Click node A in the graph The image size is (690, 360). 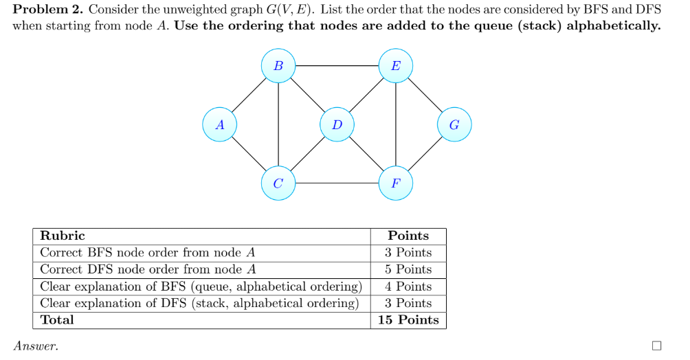[220, 125]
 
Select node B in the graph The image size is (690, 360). [278, 67]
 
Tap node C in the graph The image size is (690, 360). [278, 183]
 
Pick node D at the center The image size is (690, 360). [337, 125]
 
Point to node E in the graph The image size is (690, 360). [396, 67]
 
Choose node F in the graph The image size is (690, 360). [396, 183]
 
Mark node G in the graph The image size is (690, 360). [454, 125]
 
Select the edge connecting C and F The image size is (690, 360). [337, 183]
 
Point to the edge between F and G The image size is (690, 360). [425, 155]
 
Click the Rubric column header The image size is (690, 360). [63, 236]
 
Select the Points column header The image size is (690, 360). [408, 236]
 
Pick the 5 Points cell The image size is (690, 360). [408, 269]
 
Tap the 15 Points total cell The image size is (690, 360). [408, 320]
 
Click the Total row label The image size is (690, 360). [57, 320]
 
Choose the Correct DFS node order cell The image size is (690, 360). [148, 269]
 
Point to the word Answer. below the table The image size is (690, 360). [36, 347]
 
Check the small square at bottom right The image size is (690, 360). [656, 346]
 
